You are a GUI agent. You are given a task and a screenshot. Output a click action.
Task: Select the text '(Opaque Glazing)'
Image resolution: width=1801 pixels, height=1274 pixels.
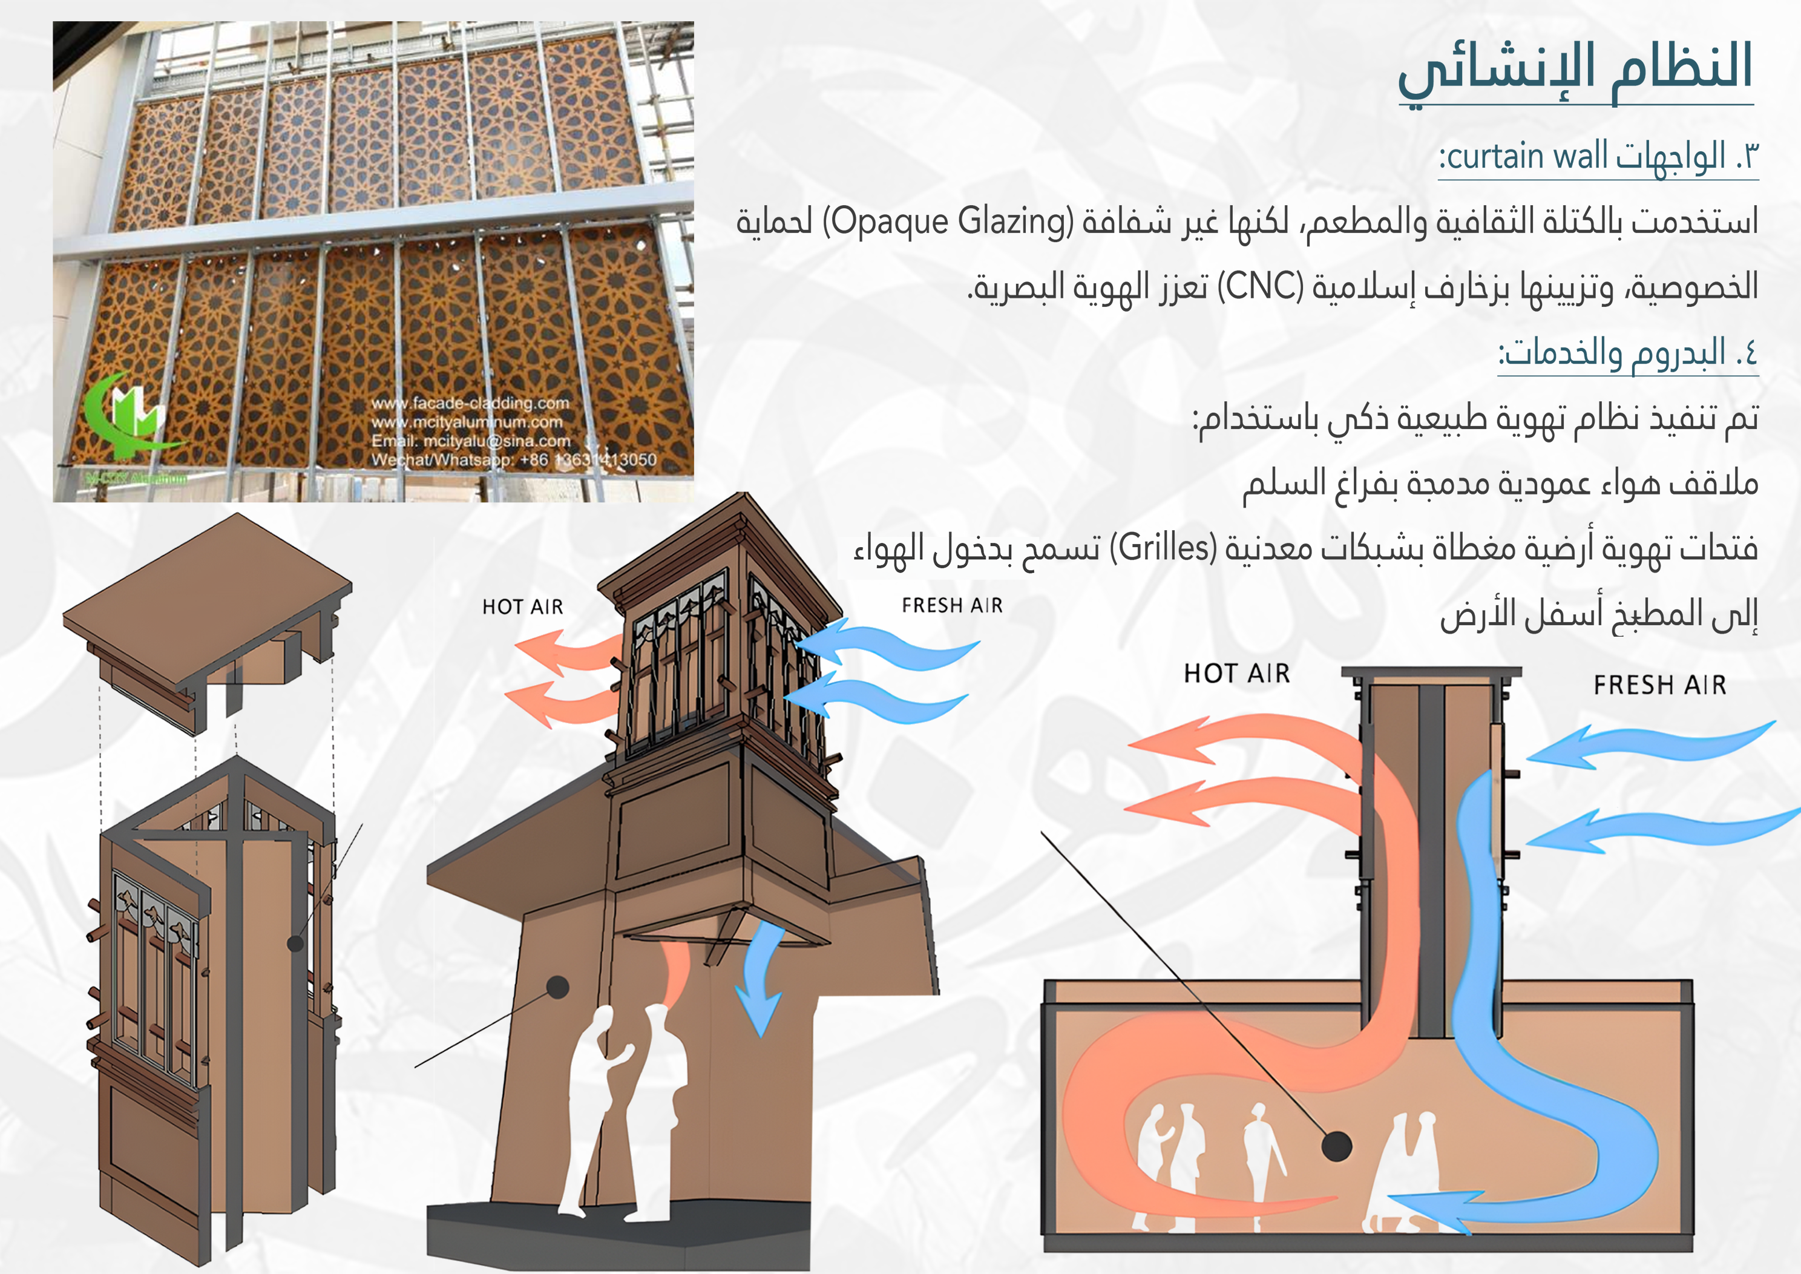coord(948,222)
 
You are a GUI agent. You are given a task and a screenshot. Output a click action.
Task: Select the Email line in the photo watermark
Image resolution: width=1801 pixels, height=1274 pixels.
coord(471,441)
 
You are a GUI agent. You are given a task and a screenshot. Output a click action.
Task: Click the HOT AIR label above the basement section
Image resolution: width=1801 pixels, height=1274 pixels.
coord(1237,673)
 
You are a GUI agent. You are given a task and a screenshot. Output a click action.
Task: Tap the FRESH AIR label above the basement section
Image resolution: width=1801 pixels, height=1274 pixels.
coord(1660,685)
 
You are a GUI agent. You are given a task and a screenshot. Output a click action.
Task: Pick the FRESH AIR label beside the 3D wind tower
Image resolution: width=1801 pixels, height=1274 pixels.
coord(953,605)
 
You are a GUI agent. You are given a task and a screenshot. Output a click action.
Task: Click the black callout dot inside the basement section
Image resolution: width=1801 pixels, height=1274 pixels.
coord(1337,1146)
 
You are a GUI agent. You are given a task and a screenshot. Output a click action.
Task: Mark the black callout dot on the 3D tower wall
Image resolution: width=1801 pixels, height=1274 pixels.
coord(558,987)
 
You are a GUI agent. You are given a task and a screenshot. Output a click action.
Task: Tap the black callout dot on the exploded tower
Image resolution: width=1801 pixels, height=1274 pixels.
coord(296,943)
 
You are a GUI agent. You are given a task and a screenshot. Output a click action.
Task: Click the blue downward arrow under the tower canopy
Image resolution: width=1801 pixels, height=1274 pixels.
coord(761,977)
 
